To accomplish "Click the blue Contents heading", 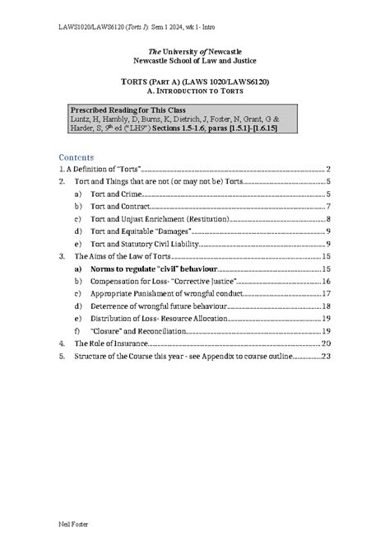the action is tap(77, 156).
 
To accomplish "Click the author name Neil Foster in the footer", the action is tap(75, 524).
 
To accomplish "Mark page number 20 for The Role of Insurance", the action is tap(325, 343).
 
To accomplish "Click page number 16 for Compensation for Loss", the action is tap(326, 281).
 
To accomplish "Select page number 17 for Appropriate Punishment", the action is tap(326, 293).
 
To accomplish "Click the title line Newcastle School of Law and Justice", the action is tap(194, 61).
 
